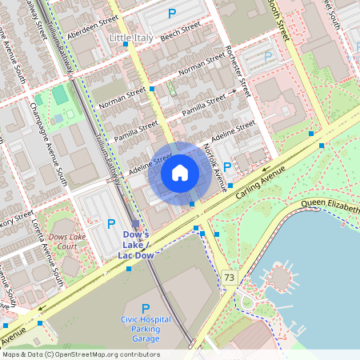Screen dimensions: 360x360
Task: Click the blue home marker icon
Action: point(180,172)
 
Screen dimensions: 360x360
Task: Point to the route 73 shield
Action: point(230,278)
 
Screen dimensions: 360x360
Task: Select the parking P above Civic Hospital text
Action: point(146,309)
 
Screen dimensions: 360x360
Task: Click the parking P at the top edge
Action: point(171,13)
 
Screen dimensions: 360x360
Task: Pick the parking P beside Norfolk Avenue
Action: point(227,167)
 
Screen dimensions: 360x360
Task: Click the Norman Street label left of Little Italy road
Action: point(118,99)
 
